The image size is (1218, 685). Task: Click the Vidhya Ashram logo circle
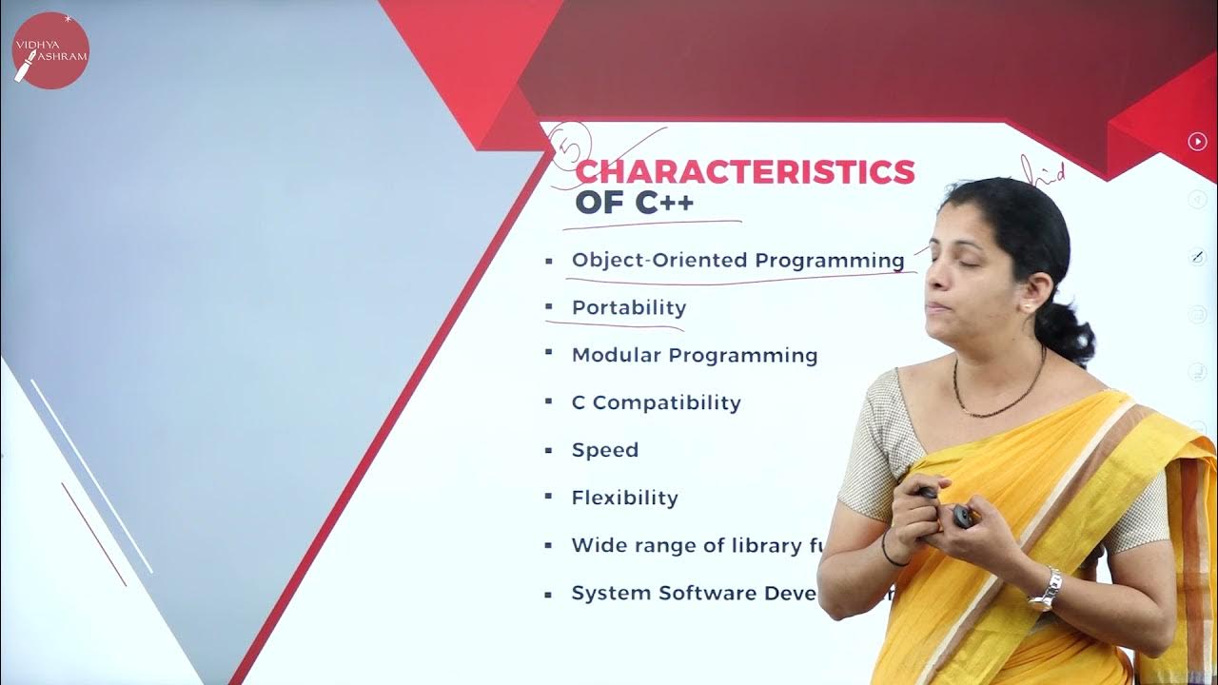50,50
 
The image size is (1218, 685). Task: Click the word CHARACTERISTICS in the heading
745,172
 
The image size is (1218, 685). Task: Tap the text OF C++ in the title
634,203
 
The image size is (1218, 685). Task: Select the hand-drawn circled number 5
572,144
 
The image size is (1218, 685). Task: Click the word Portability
628,307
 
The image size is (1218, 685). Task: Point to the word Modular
616,355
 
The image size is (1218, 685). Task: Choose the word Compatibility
666,402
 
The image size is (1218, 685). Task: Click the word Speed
604,450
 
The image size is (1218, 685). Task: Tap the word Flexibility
624,498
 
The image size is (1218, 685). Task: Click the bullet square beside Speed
549,448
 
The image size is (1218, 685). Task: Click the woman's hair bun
1071,333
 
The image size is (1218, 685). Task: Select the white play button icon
1197,142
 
